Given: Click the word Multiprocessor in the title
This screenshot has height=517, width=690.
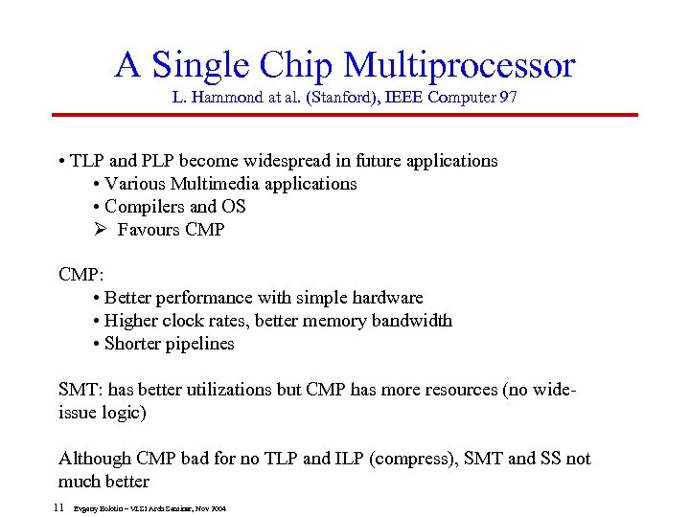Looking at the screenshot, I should coord(459,65).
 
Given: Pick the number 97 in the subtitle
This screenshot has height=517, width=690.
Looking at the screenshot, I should coord(507,97).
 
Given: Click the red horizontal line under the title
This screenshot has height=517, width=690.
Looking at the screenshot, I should coord(345,116).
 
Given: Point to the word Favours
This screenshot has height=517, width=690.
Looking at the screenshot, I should coord(149,230).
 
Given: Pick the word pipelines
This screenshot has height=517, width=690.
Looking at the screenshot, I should coord(197,344).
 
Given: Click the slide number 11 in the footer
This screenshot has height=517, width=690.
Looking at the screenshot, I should coord(58,506).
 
